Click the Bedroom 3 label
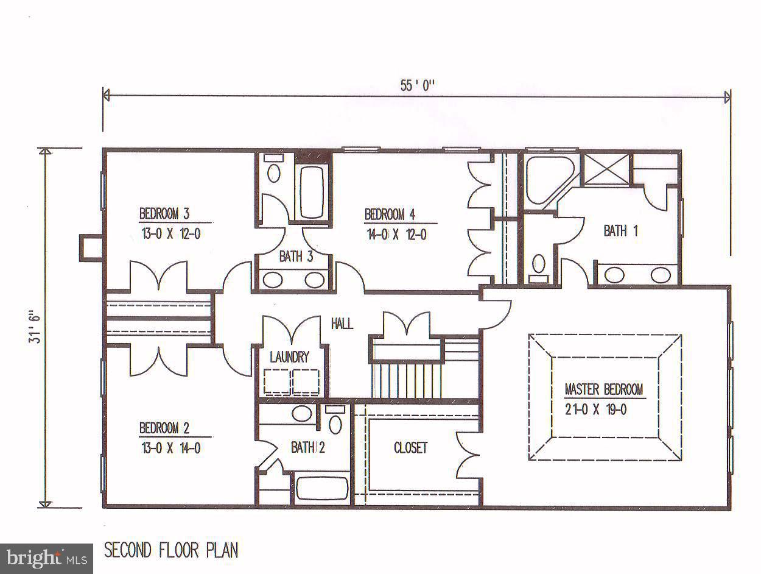coord(164,214)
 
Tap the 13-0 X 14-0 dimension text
coord(170,448)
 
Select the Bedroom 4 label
coord(390,214)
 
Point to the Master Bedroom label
coord(603,389)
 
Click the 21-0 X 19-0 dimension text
coord(596,409)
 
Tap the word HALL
coord(342,324)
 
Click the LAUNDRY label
coord(289,358)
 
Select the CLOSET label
coord(410,448)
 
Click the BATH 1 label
coord(620,231)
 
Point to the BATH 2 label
coord(307,448)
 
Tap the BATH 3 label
coord(296,257)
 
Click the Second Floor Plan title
coord(171,550)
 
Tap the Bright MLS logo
coord(46,558)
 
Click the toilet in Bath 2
coord(335,420)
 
